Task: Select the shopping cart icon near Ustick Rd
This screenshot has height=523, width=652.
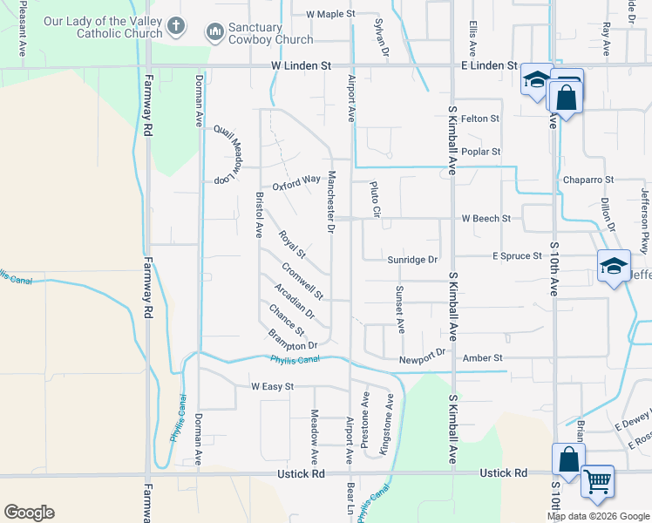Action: pos(597,480)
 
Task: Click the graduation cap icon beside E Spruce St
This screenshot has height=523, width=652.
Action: pos(613,267)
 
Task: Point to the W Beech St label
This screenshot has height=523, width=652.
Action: pos(486,217)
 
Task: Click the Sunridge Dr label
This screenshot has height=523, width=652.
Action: pos(412,258)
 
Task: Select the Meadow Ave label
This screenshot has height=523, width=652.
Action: pos(314,436)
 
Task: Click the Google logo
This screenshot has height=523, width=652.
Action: pos(29,512)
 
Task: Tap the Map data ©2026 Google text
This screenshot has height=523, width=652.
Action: pos(598,516)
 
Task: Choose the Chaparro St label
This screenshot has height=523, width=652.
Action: pos(588,180)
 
